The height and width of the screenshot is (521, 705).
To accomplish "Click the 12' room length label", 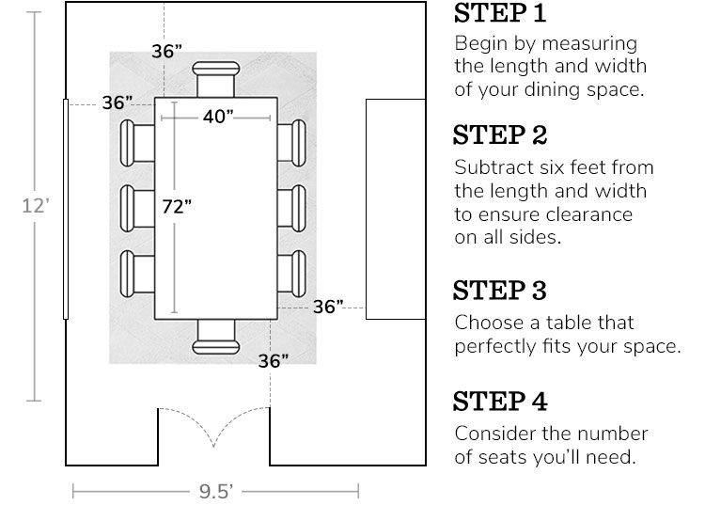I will [x=34, y=206].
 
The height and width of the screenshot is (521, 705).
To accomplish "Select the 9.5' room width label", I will [x=215, y=491].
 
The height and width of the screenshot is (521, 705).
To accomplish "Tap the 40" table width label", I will [x=217, y=116].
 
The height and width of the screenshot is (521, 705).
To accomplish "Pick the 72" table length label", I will [x=176, y=208].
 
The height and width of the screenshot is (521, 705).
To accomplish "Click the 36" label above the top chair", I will [x=166, y=52].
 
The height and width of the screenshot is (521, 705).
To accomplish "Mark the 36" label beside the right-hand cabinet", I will [x=328, y=307].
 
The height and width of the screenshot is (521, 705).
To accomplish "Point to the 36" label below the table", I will [x=273, y=360].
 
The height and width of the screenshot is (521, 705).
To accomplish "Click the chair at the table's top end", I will [x=217, y=78].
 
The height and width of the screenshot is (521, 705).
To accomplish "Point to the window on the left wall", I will [x=65, y=208].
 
